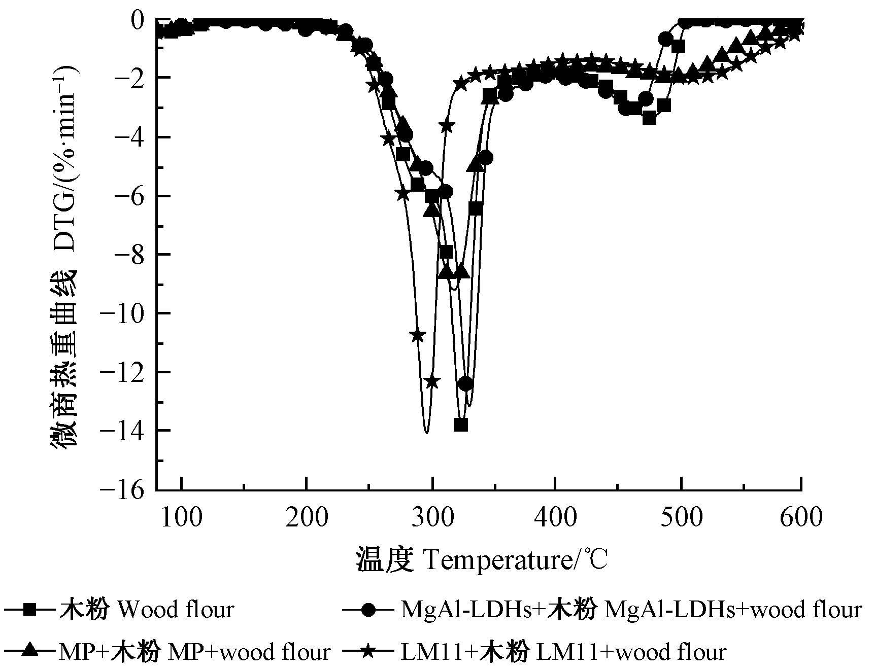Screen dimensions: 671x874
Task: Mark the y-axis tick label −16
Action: click(126, 489)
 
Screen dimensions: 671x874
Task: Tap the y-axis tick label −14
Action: click(126, 431)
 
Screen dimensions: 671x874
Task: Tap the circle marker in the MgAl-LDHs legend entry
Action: click(370, 609)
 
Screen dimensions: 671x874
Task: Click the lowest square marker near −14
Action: click(460, 425)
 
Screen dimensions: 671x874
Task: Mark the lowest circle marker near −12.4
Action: click(465, 384)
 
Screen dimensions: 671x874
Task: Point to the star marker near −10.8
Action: click(418, 335)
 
